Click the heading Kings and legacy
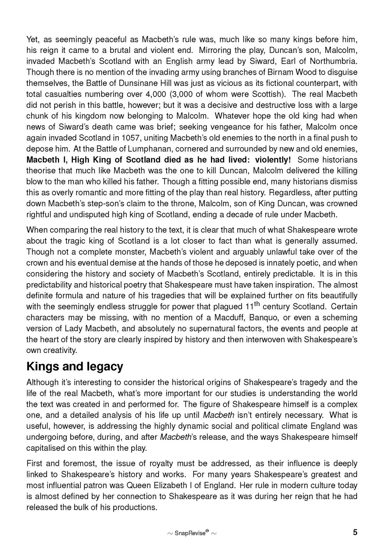[x=75, y=367]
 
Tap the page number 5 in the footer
[x=355, y=532]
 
